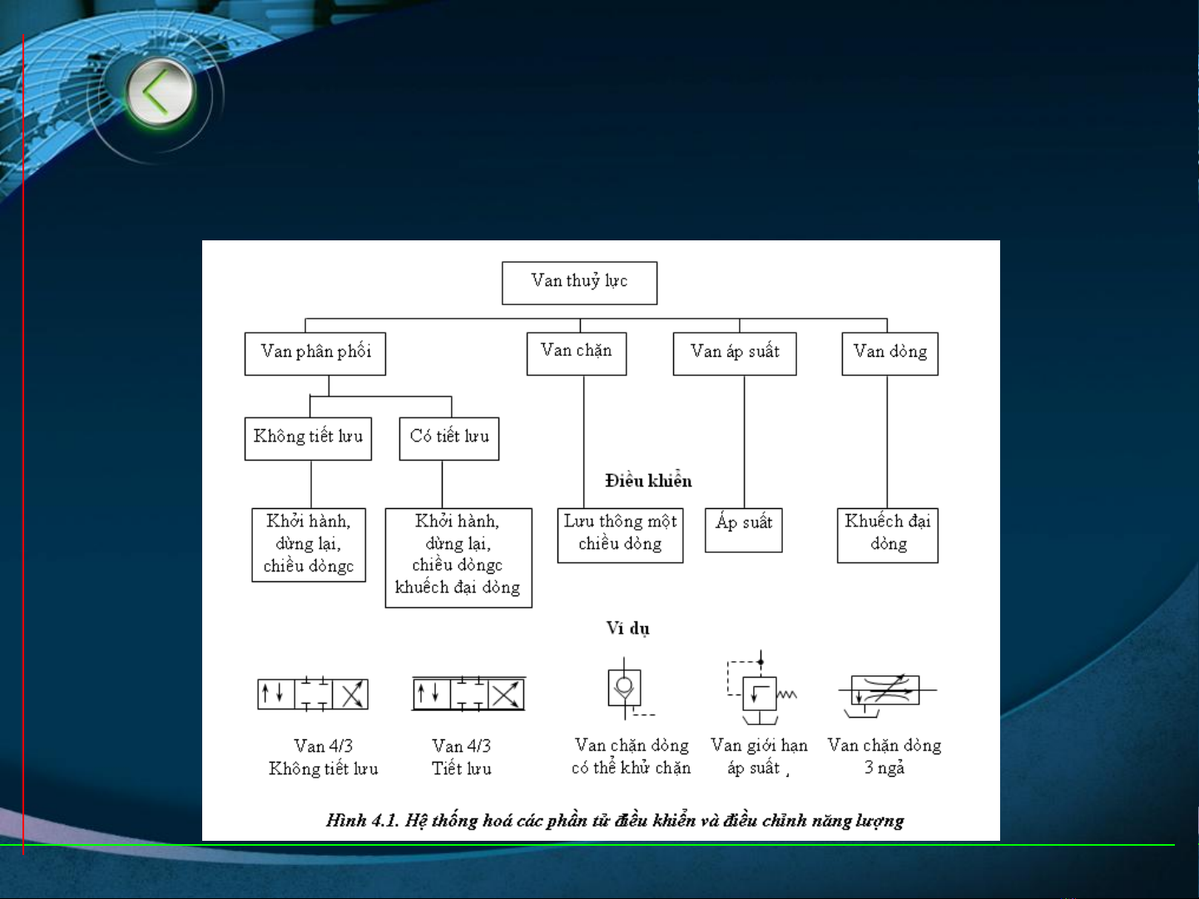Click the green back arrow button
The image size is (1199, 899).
[x=160, y=92]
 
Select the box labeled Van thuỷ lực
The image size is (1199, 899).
[x=579, y=283]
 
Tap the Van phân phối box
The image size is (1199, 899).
[x=315, y=353]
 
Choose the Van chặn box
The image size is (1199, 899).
[x=576, y=353]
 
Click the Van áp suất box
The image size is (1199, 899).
[x=734, y=353]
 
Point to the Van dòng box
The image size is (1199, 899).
[x=889, y=353]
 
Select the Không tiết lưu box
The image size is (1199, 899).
[x=308, y=438]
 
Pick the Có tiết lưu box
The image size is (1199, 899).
[x=448, y=438]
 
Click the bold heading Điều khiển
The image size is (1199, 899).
[x=648, y=481]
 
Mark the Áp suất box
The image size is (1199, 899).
[x=743, y=530]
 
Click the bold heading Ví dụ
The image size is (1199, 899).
[x=627, y=628]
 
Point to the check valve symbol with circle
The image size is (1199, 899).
[x=625, y=689]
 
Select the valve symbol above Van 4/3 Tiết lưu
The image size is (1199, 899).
[x=468, y=694]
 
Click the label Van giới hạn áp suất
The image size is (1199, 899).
[x=758, y=756]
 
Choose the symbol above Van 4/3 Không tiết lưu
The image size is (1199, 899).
[x=313, y=694]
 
